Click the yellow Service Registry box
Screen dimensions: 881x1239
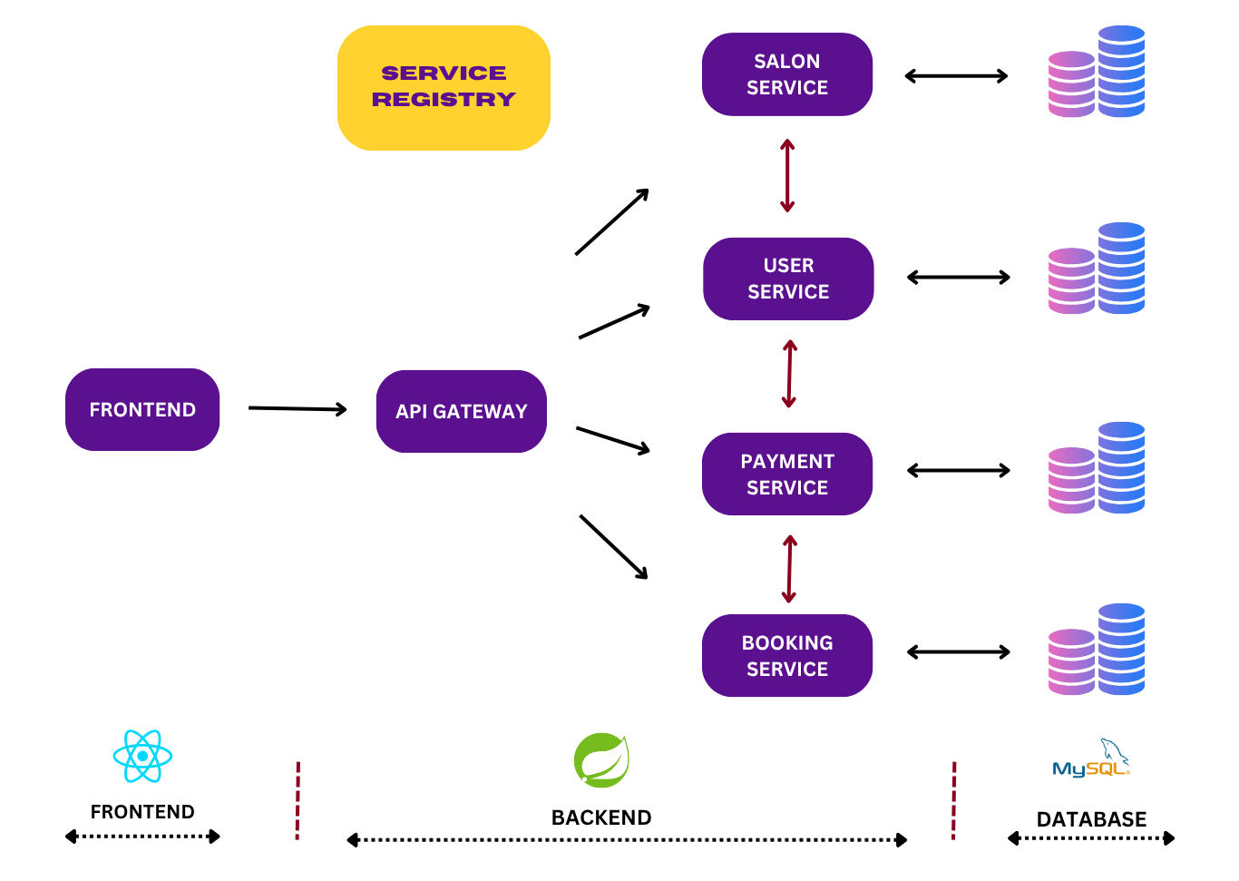[x=444, y=88]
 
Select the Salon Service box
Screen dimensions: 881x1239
[x=786, y=74]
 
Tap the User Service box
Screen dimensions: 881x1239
[x=787, y=279]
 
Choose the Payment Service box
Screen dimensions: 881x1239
[x=786, y=474]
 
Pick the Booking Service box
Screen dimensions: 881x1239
[x=786, y=655]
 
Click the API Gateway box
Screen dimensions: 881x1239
[x=461, y=411]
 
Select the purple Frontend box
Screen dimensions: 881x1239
[x=142, y=409]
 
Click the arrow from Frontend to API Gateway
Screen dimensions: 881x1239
[x=298, y=409]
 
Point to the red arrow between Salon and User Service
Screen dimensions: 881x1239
[x=787, y=176]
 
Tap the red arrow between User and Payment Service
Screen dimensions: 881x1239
[x=789, y=374]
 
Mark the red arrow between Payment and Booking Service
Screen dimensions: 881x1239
[x=789, y=569]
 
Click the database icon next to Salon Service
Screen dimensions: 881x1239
[x=1096, y=73]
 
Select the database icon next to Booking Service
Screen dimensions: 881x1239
[x=1096, y=650]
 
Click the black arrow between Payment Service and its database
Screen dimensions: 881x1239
[x=958, y=470]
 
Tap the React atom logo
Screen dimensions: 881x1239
[x=142, y=756]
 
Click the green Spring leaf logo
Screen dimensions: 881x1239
[x=601, y=760]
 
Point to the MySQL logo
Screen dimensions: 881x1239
[x=1092, y=759]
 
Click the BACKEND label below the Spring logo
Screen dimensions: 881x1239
[x=601, y=817]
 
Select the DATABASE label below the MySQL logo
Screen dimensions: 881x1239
[x=1091, y=819]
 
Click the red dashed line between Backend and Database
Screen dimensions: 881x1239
[x=953, y=800]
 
